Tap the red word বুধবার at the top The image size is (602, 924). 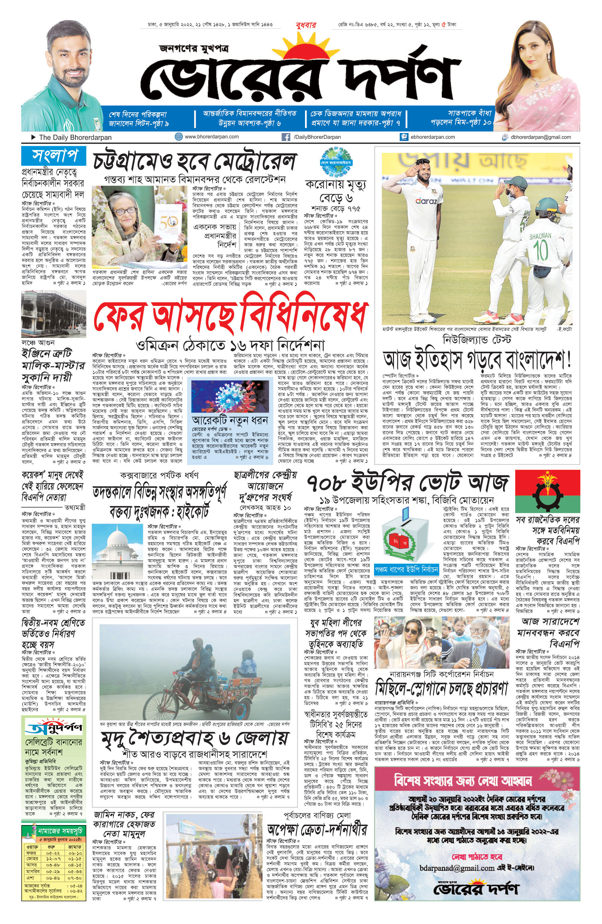pos(306,25)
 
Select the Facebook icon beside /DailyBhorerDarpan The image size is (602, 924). pos(286,137)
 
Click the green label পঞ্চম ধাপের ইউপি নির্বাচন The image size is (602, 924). pos(406,570)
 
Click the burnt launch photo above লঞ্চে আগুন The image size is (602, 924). pos(54,314)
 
